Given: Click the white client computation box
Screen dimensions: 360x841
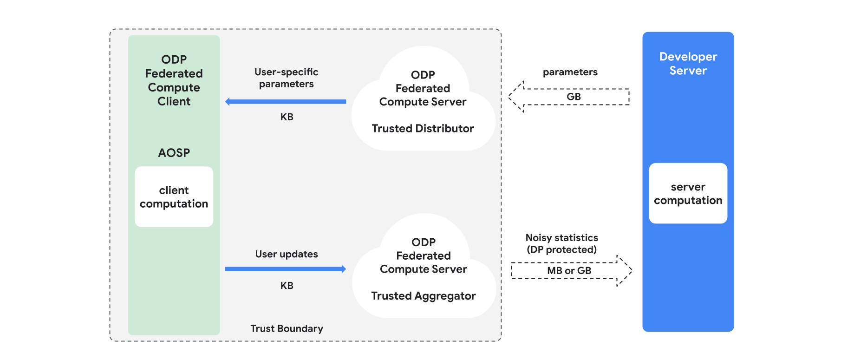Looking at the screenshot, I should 174,196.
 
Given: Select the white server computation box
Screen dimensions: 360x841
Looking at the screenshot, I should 688,193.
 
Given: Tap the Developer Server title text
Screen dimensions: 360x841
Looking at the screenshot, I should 688,64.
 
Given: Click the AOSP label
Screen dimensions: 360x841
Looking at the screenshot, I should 174,153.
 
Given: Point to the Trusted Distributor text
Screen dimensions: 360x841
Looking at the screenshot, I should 423,129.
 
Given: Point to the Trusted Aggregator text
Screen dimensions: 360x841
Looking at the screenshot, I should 423,296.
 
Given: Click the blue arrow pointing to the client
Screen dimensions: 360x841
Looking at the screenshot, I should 286,101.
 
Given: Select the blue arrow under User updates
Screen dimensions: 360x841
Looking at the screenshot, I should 286,269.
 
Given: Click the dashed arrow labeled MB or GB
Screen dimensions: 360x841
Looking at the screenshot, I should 571,271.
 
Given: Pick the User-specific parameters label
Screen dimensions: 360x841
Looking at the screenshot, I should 286,78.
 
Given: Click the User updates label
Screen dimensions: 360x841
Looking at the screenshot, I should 286,254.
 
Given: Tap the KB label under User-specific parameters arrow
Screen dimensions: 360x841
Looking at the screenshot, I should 287,117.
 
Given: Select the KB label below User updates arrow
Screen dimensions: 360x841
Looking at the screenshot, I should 287,286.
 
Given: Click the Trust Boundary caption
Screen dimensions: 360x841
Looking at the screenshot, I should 287,328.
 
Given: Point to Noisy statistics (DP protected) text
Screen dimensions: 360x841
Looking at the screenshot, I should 561,243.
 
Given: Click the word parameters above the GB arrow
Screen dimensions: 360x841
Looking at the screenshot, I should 570,72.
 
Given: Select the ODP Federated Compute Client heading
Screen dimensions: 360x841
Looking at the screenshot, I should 174,80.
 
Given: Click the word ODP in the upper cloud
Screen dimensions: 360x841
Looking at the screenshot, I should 423,75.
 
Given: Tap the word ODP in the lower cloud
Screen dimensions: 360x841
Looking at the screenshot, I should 423,242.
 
